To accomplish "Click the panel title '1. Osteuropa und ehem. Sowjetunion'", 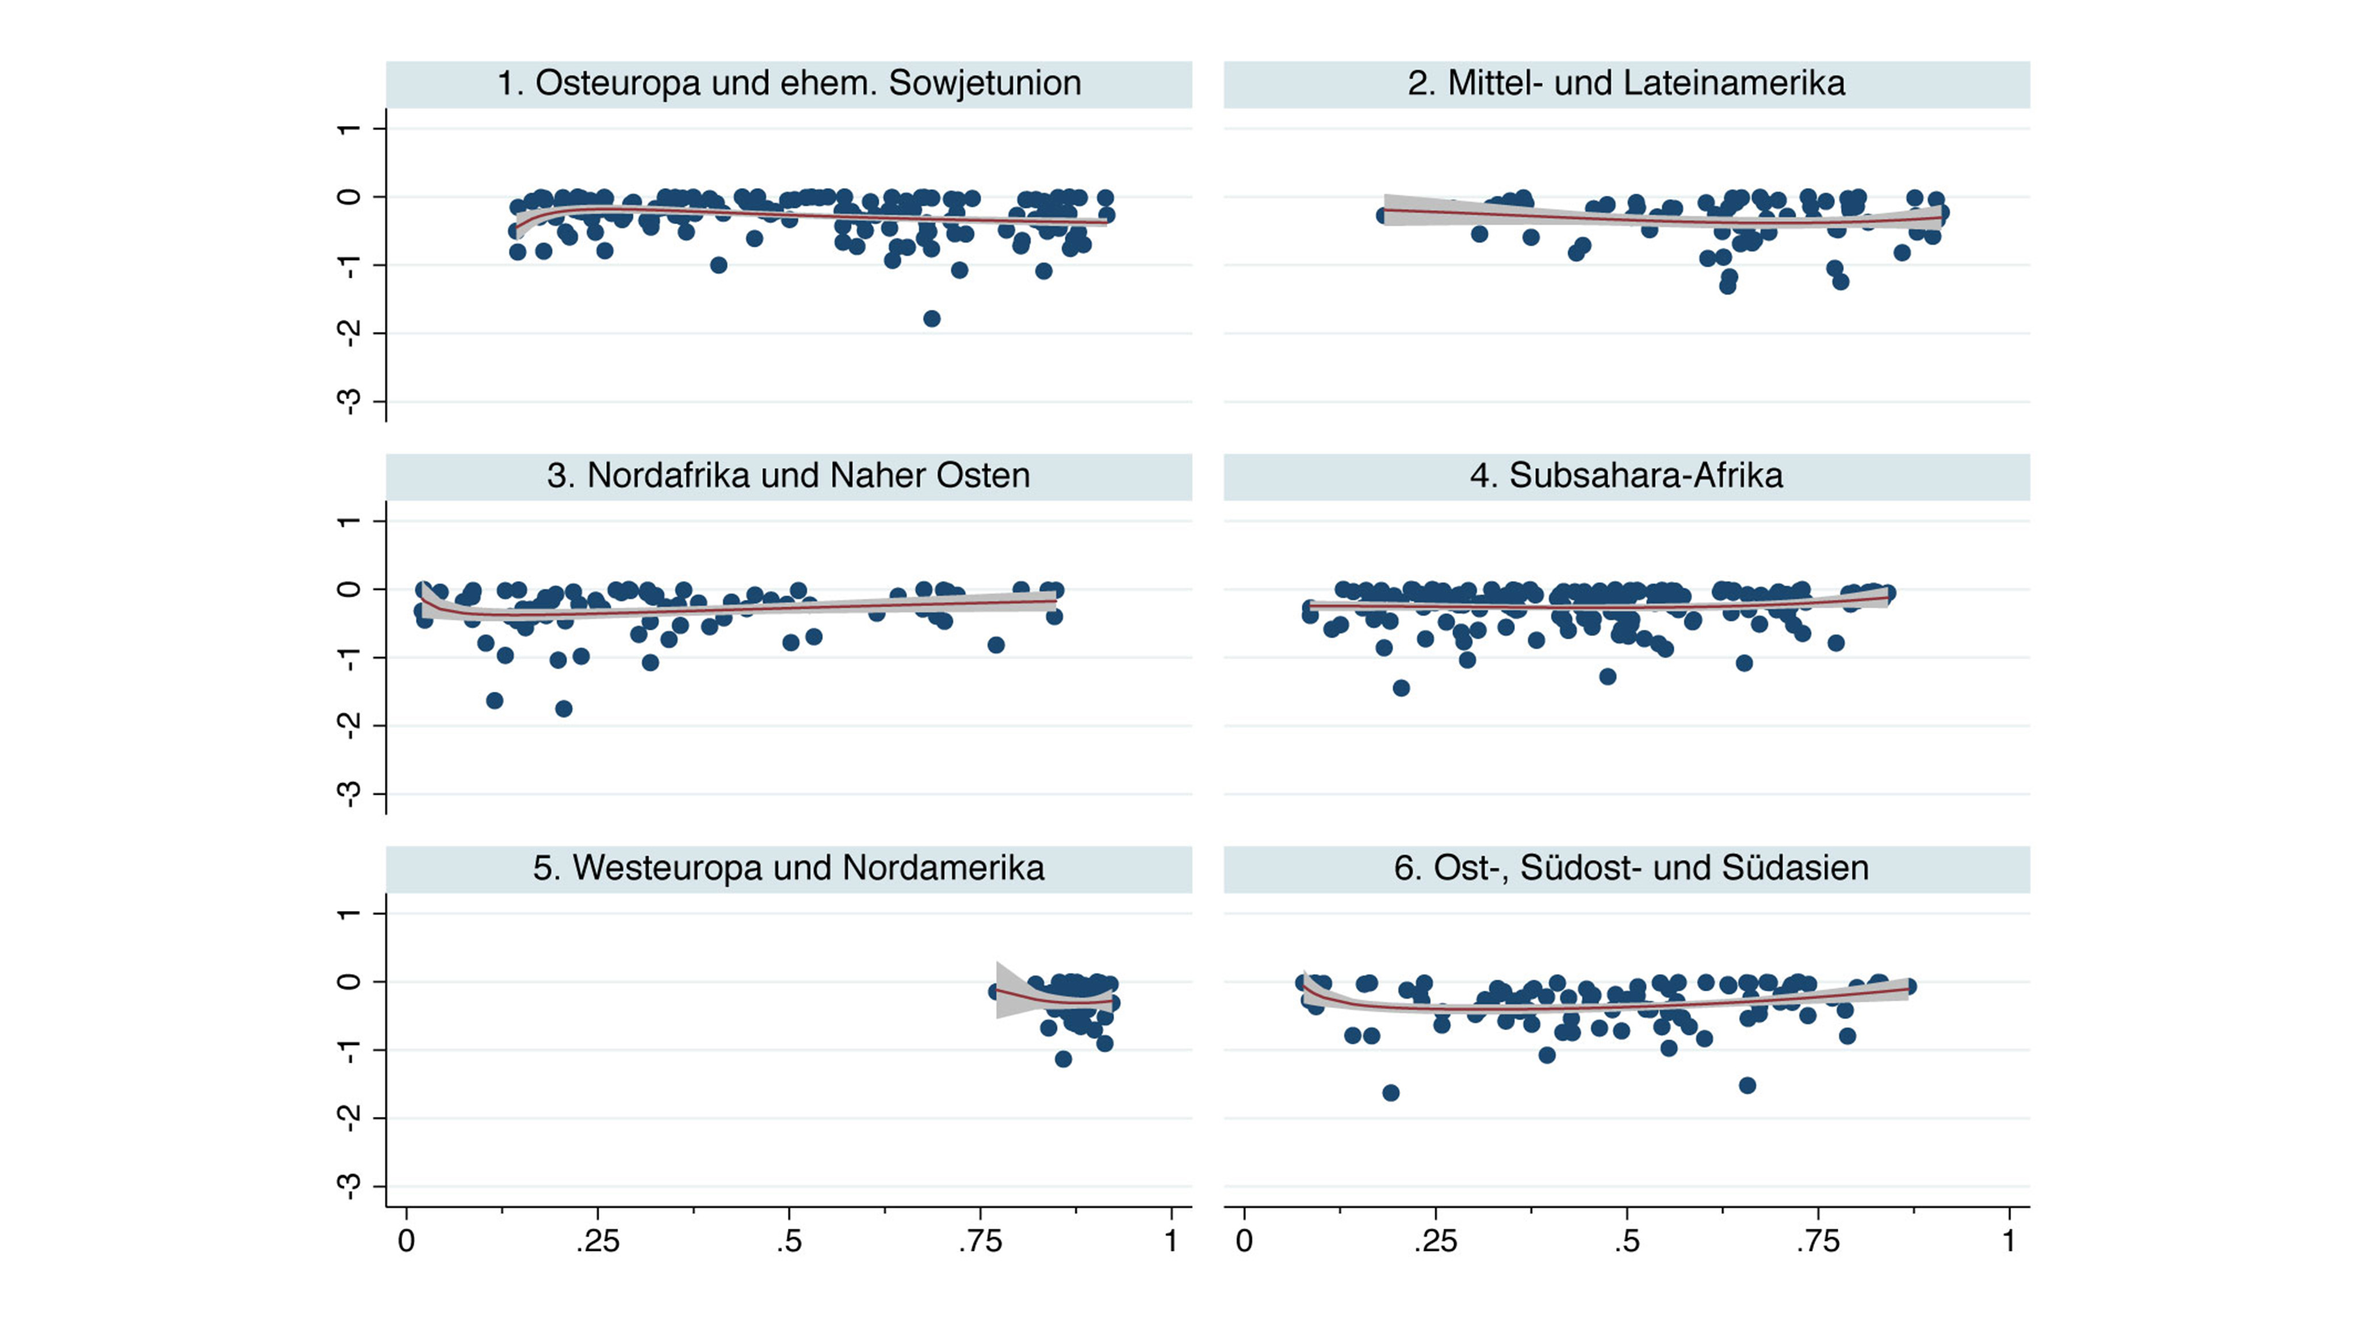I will tap(789, 83).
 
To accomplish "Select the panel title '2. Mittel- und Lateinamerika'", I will tap(1626, 83).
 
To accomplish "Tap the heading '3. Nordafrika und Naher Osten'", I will tap(789, 476).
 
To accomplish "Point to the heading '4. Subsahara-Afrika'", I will tap(1626, 476).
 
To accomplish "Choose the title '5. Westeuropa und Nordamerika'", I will tap(789, 868).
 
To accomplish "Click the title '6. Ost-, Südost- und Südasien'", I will tap(1631, 868).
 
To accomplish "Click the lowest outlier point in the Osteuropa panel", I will tap(931, 318).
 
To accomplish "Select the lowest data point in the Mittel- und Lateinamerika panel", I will tap(1727, 285).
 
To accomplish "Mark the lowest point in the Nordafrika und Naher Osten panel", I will tap(563, 709).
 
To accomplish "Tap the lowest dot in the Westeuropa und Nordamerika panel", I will tap(1063, 1059).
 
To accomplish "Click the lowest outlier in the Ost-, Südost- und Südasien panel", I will tap(1390, 1093).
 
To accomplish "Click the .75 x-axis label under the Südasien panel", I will tap(1817, 1242).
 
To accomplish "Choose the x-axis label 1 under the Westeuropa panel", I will tap(1172, 1242).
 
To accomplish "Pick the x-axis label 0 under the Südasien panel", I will tap(1244, 1242).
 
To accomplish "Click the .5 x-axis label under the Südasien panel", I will tap(1626, 1242).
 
